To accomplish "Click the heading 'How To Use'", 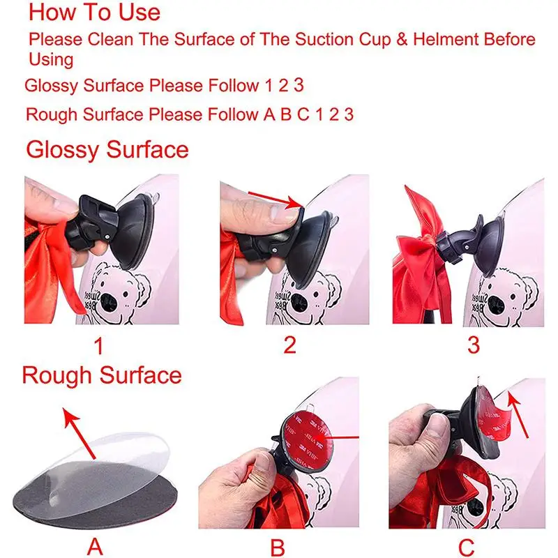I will point(94,12).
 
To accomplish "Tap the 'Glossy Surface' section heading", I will point(107,149).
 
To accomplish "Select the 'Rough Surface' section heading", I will point(102,375).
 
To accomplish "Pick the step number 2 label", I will point(288,344).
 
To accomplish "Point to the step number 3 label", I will point(474,344).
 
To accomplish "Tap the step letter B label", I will point(278,547).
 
